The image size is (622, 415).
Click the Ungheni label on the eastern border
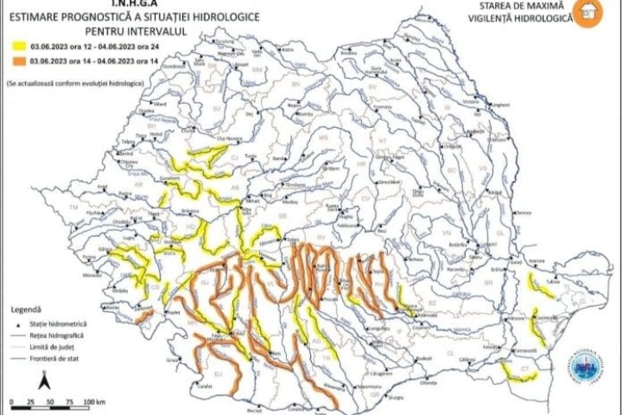499,105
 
